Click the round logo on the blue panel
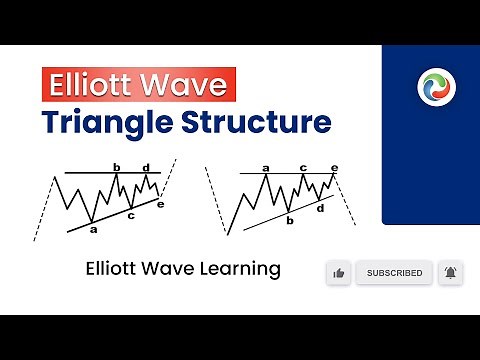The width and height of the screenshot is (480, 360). (436, 87)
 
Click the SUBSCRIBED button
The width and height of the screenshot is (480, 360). (394, 273)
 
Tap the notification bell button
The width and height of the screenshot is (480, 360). (450, 273)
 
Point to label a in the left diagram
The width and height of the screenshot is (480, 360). (93, 230)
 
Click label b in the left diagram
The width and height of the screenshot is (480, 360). (117, 167)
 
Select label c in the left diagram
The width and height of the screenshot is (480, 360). (131, 214)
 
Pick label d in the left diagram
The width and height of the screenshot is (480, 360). (146, 167)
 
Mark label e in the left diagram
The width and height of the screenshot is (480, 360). (161, 203)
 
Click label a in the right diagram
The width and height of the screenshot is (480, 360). (266, 168)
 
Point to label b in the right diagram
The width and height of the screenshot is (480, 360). (289, 220)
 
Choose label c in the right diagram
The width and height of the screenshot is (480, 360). (304, 168)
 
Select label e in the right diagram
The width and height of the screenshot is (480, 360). (334, 168)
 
